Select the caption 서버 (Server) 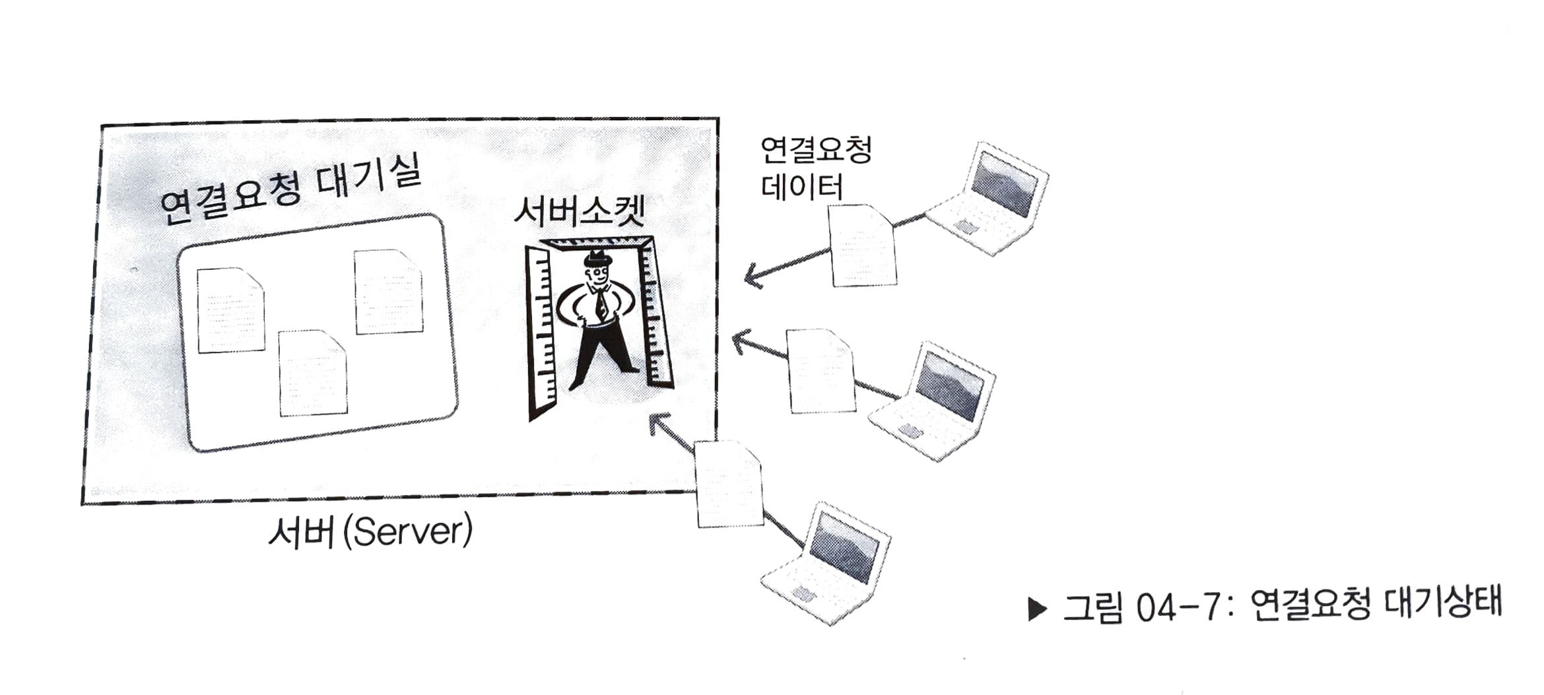tap(370, 531)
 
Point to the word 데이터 tap(802, 187)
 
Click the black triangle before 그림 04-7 tap(1037, 609)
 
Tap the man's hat tap(598, 257)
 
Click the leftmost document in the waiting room tap(230, 310)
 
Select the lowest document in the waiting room tap(312, 374)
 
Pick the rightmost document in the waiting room tap(388, 292)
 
